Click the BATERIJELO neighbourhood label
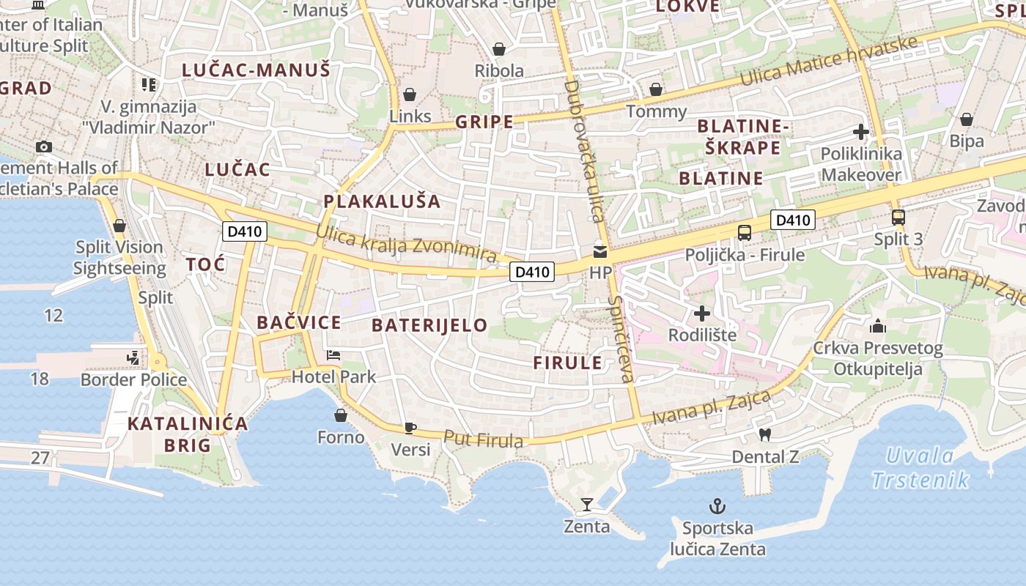429,325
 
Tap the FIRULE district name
567,363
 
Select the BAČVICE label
299,322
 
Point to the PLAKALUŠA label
382,201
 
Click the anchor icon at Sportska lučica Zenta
717,506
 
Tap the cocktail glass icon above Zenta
586,504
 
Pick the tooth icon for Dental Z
764,434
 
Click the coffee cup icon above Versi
410,428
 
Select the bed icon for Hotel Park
333,355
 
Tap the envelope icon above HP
600,252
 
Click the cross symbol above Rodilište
702,314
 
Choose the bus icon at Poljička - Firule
745,233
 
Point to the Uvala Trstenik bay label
920,468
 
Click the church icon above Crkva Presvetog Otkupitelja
878,326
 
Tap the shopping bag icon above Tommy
656,89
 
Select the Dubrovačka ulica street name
583,150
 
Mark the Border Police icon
133,358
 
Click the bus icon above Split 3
898,218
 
